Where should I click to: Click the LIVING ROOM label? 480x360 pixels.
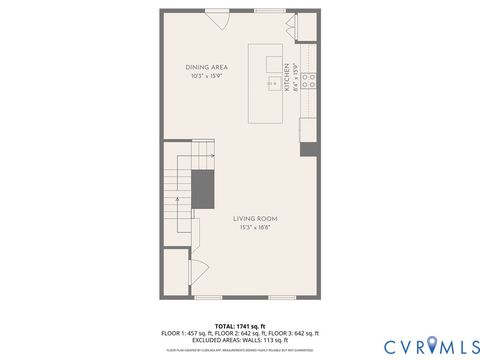click(255, 218)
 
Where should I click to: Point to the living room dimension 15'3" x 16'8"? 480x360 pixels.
click(255, 228)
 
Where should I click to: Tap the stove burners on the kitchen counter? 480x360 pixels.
click(311, 80)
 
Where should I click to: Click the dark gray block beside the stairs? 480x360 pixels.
click(204, 187)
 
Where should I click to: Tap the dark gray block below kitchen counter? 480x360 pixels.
click(309, 149)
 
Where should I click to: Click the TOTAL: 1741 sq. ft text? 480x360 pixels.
click(239, 326)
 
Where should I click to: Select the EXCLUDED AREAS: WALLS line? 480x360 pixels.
click(239, 339)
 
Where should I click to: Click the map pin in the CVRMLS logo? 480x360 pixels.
click(433, 345)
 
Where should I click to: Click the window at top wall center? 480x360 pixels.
click(267, 11)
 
